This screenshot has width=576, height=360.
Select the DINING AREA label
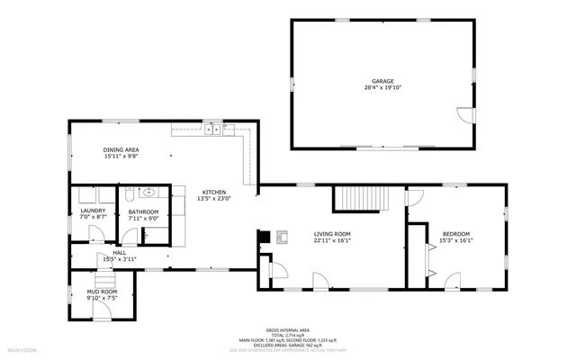coord(121,149)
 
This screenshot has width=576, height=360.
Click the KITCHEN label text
coord(214,192)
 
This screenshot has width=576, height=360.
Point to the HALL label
coord(120,253)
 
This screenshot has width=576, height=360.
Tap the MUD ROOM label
coord(102,292)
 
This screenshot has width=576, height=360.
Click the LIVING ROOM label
coord(332,234)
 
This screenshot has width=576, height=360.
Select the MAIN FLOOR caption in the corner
coord(22,348)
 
